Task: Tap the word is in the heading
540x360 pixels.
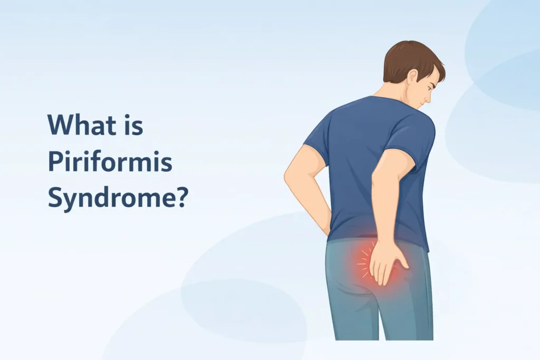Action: (133, 125)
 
